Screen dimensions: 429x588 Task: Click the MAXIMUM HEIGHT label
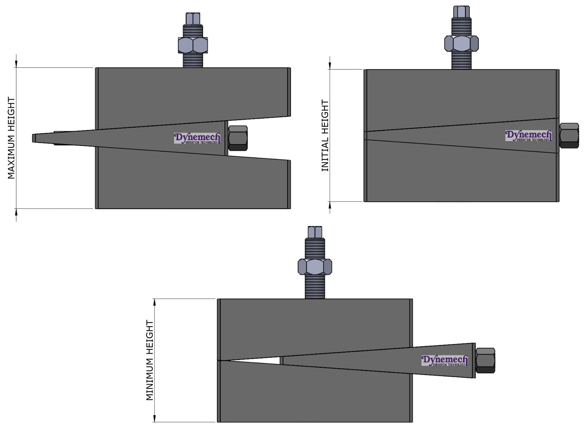pos(11,138)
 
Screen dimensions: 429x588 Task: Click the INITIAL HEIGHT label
pos(325,135)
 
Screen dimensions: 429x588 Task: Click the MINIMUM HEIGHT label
pos(150,360)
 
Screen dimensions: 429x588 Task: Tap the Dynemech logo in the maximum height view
pos(197,138)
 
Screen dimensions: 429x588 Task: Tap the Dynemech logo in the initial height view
pos(528,136)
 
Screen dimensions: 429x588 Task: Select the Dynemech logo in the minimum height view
pos(445,360)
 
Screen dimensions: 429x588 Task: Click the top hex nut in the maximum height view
pos(193,45)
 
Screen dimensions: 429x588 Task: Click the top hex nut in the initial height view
pos(461,43)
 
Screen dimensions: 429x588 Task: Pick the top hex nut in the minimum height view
pos(315,267)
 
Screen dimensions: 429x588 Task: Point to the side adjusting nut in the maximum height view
pos(238,138)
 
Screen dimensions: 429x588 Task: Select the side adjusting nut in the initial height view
pos(569,136)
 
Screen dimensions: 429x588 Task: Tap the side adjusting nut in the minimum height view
pos(485,360)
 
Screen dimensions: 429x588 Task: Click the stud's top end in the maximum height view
pos(193,18)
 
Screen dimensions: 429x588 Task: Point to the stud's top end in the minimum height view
pos(315,232)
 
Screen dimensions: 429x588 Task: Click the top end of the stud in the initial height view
pos(461,11)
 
